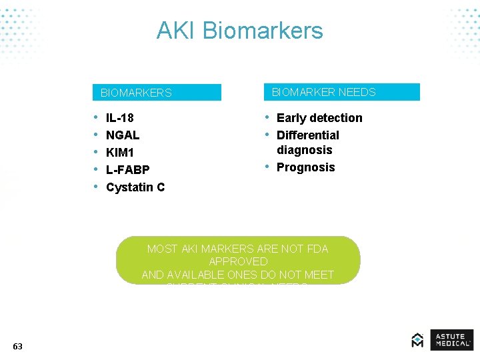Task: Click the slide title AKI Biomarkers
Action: coord(239,31)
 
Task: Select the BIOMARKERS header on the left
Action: coord(136,93)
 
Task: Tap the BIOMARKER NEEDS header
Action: coord(323,92)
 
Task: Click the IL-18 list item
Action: coord(119,118)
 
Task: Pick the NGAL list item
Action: coord(123,135)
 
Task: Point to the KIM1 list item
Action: coord(120,153)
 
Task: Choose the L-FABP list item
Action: coord(127,170)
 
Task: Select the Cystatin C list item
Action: coord(135,187)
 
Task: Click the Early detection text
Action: coord(319,118)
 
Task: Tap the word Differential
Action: coord(307,135)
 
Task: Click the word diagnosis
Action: coord(304,150)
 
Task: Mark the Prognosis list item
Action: coord(305,167)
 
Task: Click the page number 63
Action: coord(17,346)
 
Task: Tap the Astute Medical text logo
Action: coord(451,339)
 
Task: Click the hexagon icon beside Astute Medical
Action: coord(417,340)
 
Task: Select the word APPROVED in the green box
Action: coord(238,261)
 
